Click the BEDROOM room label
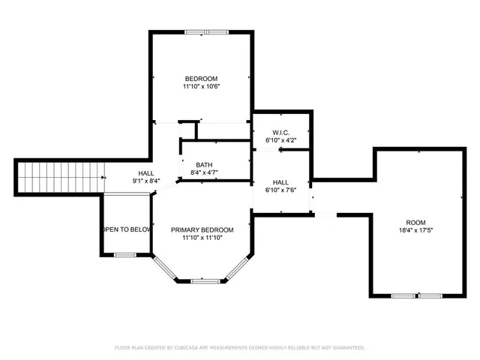(202, 79)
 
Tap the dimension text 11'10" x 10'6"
(202, 87)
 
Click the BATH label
(205, 165)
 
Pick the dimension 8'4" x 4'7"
(205, 173)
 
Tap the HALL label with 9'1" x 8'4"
(145, 172)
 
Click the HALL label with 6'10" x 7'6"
(281, 182)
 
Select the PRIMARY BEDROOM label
(202, 229)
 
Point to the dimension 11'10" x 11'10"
(202, 238)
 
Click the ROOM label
(415, 223)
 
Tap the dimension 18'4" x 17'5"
(415, 231)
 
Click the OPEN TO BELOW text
(127, 229)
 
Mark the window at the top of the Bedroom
(208, 31)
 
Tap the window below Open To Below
(125, 256)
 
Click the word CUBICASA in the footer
(187, 348)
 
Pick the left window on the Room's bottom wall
(403, 295)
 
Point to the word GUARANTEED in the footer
(349, 348)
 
